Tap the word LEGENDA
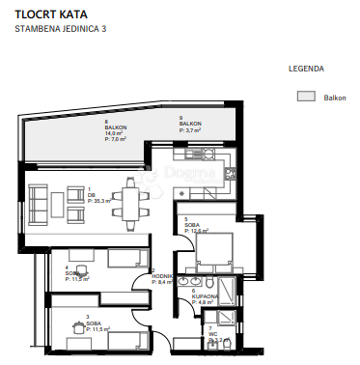(x=306, y=70)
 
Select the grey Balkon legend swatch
(x=306, y=97)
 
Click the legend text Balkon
(x=334, y=98)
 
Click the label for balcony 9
(x=190, y=125)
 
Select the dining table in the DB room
(x=128, y=200)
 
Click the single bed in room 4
(x=122, y=258)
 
